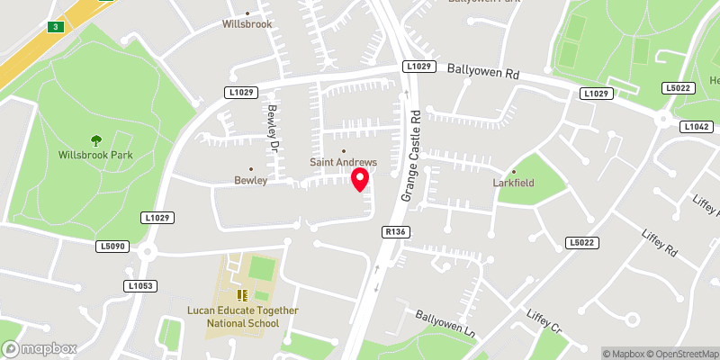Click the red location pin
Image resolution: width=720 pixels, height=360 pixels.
(360, 179)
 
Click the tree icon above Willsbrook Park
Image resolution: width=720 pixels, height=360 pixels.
(96, 139)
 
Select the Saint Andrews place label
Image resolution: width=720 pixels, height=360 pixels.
(343, 162)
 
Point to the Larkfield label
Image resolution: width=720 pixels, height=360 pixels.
(515, 183)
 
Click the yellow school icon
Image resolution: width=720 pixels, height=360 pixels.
(241, 294)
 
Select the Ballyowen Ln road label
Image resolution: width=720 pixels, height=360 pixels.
(445, 321)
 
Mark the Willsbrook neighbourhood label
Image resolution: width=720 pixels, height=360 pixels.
(247, 24)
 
